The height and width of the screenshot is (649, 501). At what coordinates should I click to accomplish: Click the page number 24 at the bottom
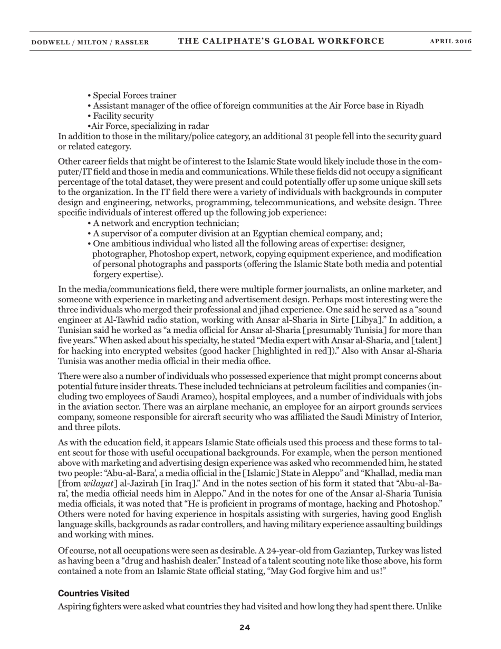click(x=245, y=627)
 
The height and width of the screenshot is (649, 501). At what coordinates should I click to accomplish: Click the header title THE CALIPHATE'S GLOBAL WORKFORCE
click(x=281, y=41)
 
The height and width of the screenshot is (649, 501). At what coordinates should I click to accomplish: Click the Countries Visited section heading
click(x=93, y=594)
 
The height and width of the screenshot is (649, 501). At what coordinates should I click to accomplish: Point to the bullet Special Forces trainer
click(x=134, y=96)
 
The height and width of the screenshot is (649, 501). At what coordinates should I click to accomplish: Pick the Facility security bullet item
click(x=123, y=116)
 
